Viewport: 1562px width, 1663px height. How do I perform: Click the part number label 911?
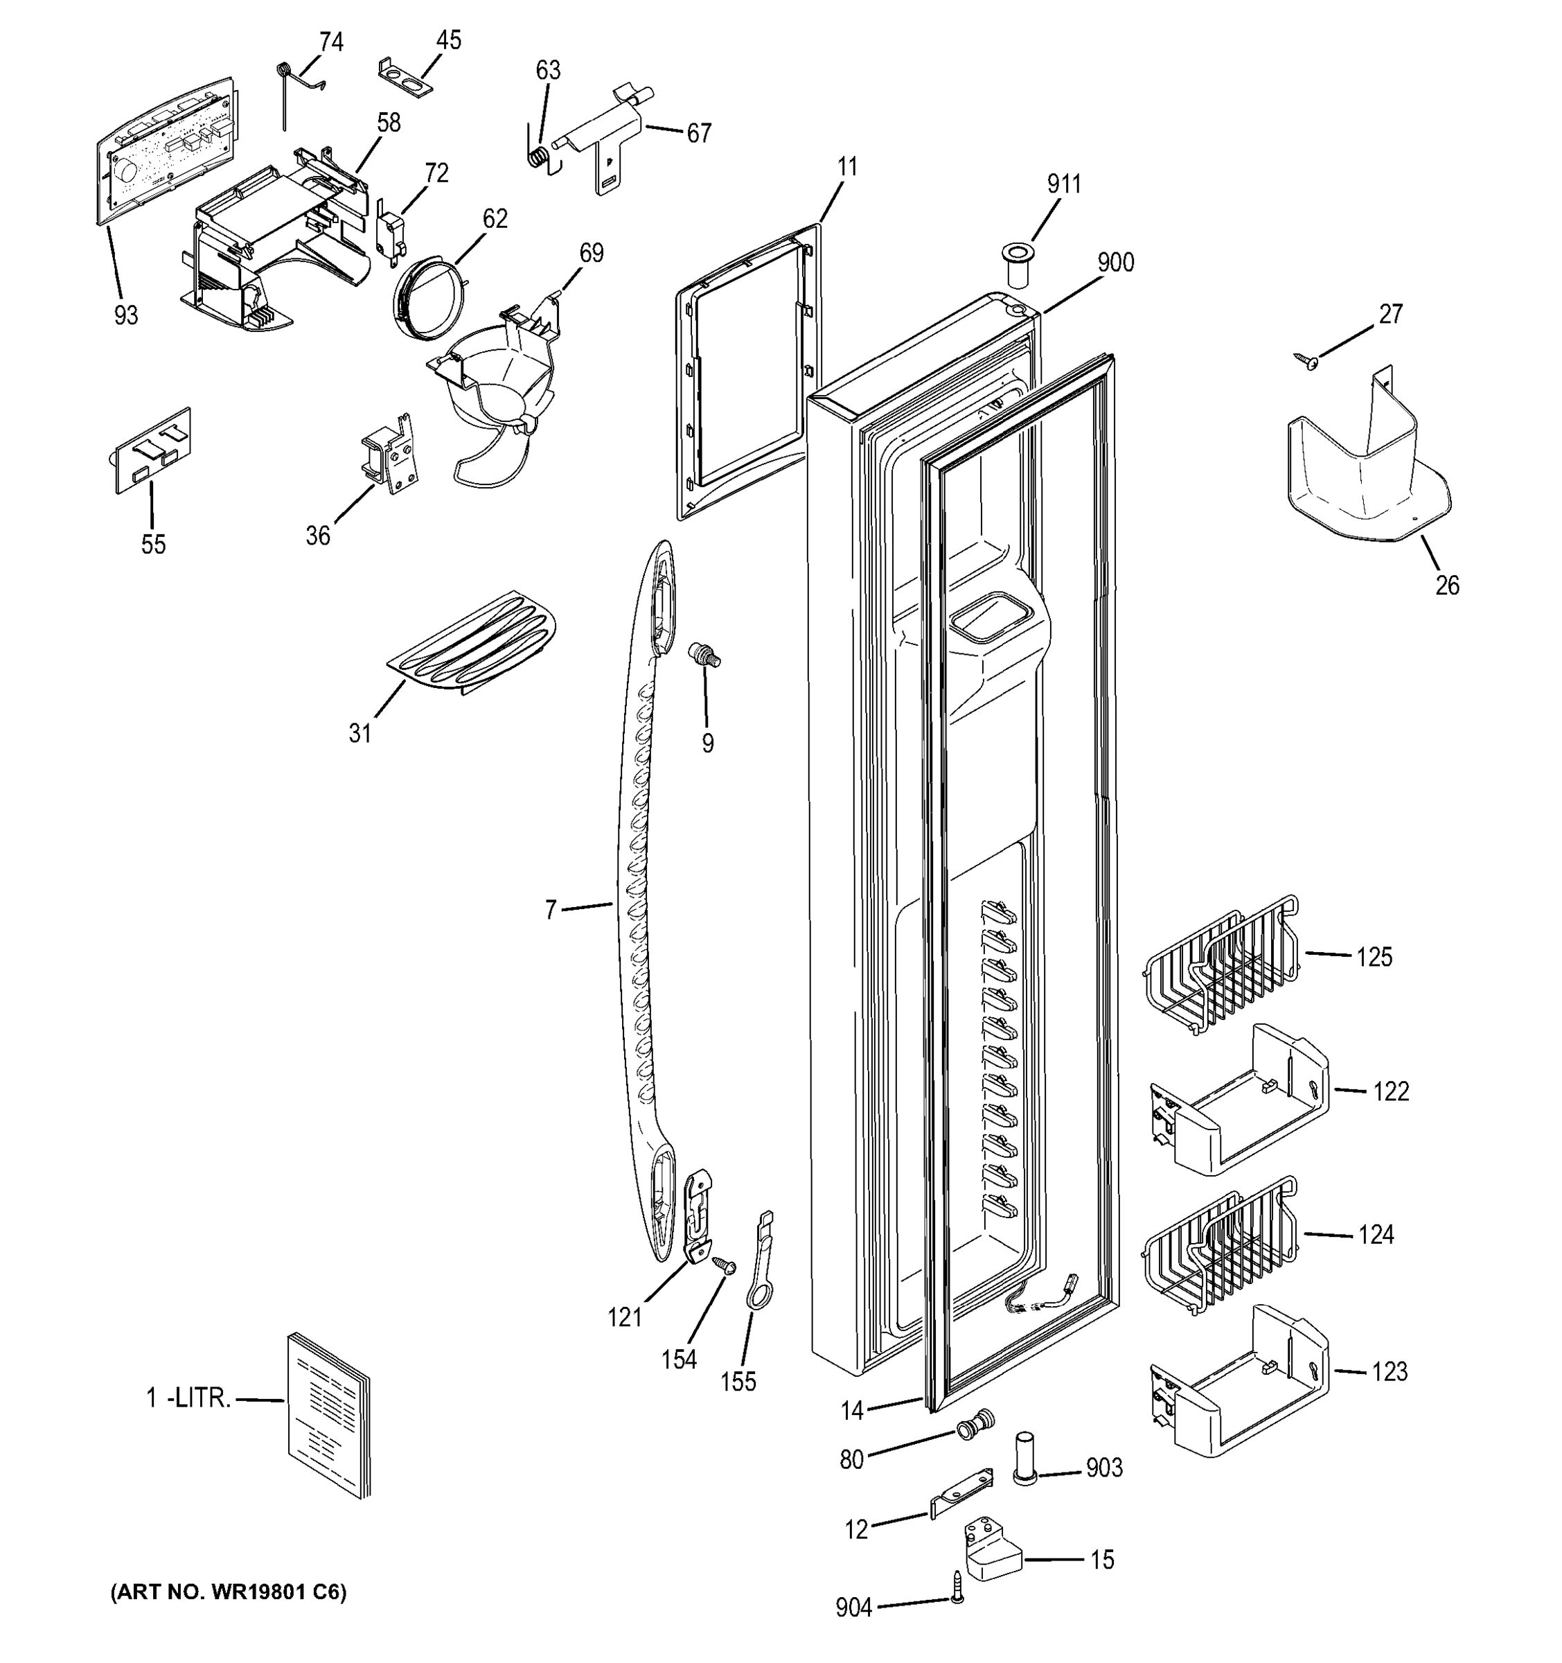point(1064,184)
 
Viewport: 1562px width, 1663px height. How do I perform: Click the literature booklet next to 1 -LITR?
point(328,1414)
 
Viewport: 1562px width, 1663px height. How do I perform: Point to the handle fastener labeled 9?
point(702,654)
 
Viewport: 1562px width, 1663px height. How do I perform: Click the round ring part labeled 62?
point(427,299)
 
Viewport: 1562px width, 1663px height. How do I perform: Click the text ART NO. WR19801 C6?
point(229,1592)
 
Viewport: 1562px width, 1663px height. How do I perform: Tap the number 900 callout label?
point(1115,263)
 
